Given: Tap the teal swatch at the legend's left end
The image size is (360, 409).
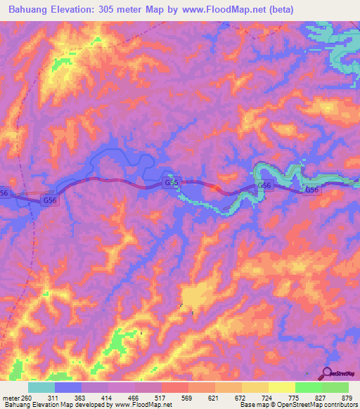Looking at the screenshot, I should pyautogui.click(x=41, y=387).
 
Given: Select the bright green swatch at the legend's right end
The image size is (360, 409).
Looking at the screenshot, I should pyautogui.click(x=335, y=387).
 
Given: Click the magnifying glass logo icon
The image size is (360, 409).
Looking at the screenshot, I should pyautogui.click(x=328, y=374).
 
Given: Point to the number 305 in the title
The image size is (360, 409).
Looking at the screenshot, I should pyautogui.click(x=118, y=9).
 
